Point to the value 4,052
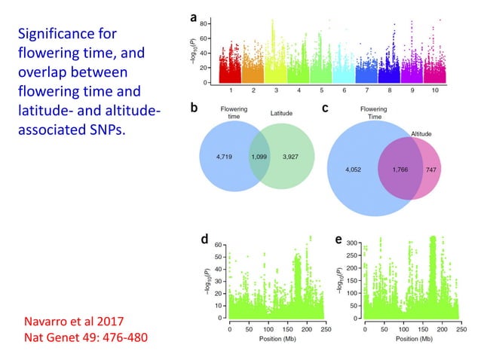coord(353,169)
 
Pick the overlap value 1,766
coord(405,170)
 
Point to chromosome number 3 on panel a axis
coord(278,90)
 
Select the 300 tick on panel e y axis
coord(352,244)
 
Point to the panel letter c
coord(325,108)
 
